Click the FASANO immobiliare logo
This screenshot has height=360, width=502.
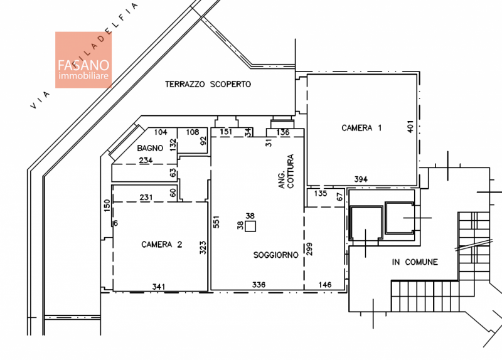pyautogui.click(x=83, y=60)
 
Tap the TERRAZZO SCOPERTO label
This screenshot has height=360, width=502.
pyautogui.click(x=208, y=84)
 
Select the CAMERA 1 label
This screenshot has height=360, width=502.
pyautogui.click(x=361, y=128)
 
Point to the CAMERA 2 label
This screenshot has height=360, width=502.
pyautogui.click(x=162, y=245)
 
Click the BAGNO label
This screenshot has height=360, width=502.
pyautogui.click(x=150, y=148)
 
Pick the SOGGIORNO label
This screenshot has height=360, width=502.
pyautogui.click(x=275, y=255)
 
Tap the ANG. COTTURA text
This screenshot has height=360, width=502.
pyautogui.click(x=286, y=171)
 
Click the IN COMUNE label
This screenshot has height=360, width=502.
pyautogui.click(x=415, y=262)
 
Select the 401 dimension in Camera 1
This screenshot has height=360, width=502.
pyautogui.click(x=410, y=127)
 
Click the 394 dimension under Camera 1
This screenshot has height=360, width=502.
pyautogui.click(x=361, y=179)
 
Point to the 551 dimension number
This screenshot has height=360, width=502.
pyautogui.click(x=216, y=222)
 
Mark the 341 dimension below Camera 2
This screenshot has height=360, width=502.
pyautogui.click(x=159, y=287)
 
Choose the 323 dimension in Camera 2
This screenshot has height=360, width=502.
pyautogui.click(x=203, y=248)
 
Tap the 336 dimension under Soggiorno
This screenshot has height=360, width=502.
pyautogui.click(x=259, y=285)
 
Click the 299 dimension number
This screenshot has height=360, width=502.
pyautogui.click(x=309, y=248)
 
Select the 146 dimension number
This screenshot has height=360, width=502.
pyautogui.click(x=325, y=285)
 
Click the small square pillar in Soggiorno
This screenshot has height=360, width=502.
pyautogui.click(x=250, y=226)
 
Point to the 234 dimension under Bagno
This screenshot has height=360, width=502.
pyautogui.click(x=146, y=160)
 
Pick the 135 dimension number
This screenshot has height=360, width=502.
pyautogui.click(x=321, y=194)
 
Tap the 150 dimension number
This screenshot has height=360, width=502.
pyautogui.click(x=107, y=205)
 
